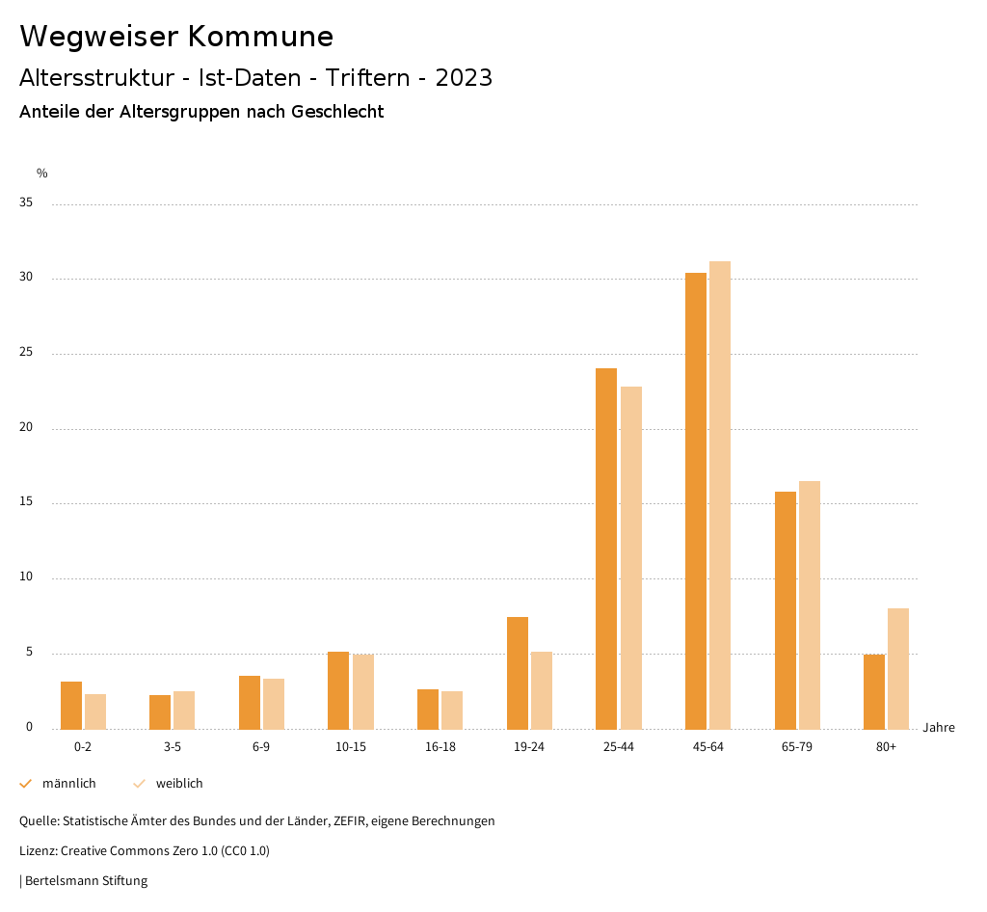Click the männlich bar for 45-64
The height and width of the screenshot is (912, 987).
(696, 500)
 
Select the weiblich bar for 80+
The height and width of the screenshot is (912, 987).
(898, 668)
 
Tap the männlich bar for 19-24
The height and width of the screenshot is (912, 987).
(518, 673)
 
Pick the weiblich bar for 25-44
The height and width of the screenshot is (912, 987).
(631, 557)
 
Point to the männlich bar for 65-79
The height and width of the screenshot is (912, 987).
(786, 610)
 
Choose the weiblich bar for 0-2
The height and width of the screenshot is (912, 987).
(95, 711)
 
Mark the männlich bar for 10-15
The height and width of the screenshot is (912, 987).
(338, 690)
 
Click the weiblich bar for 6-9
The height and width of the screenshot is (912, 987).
(274, 704)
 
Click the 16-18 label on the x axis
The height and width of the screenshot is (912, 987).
(440, 747)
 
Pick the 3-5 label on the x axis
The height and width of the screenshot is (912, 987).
(173, 747)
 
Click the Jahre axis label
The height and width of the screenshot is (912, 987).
(939, 728)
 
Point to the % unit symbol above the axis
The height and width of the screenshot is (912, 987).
(42, 174)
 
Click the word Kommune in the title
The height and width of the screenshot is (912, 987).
(260, 37)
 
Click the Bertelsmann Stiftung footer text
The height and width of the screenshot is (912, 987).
(86, 881)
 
